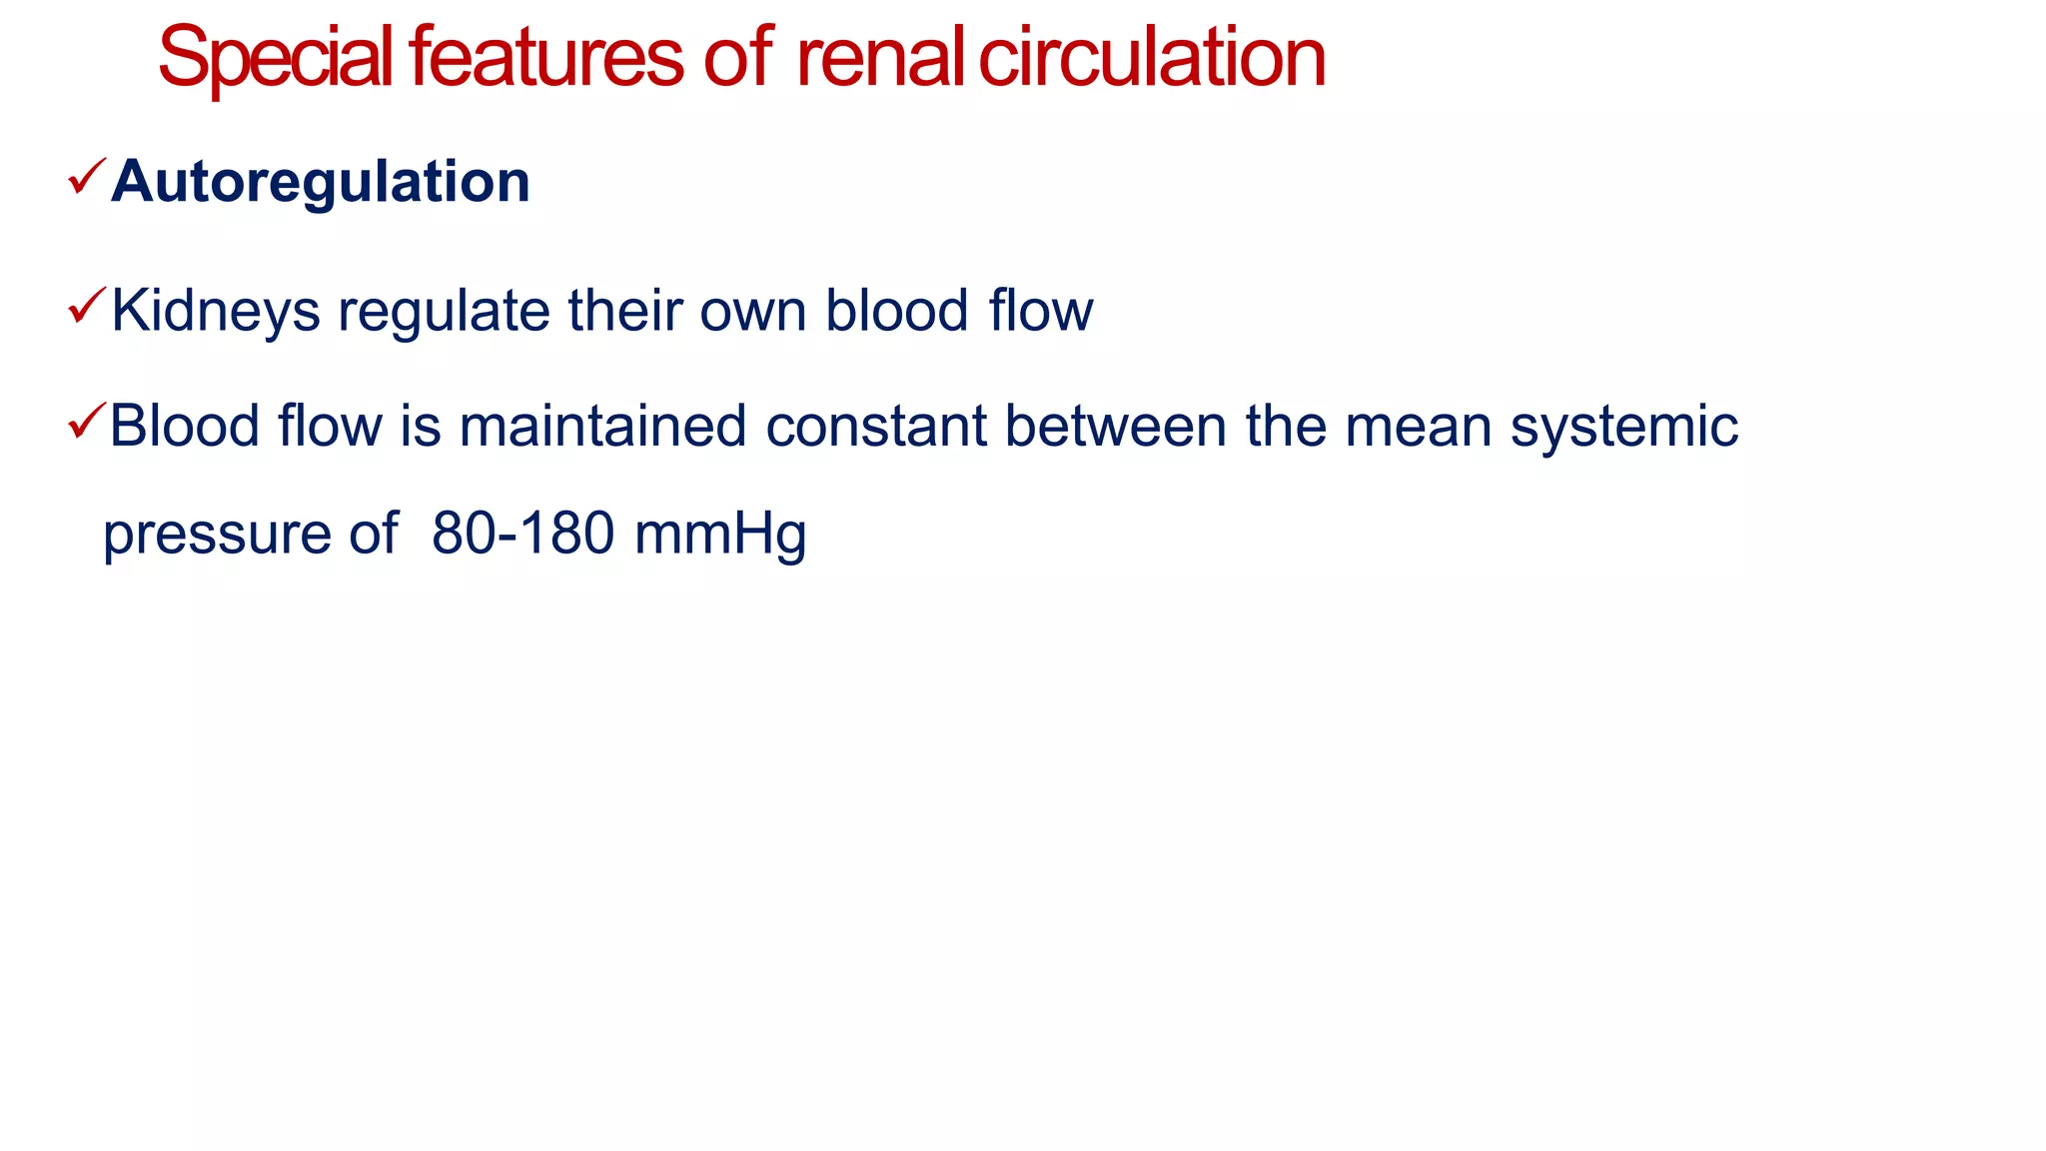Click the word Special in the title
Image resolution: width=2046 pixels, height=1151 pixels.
coord(275,60)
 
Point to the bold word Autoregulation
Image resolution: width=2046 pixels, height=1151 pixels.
coord(320,182)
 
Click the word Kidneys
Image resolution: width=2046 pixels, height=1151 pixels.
coord(215,312)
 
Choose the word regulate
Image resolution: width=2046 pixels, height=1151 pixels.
coord(444,312)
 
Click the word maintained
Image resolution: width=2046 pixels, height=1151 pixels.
coord(602,427)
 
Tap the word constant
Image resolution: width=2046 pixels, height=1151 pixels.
coord(876,427)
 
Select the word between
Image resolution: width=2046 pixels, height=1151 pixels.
coord(1115,427)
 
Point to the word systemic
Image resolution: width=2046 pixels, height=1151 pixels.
coord(1623,427)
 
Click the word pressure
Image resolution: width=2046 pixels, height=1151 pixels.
coord(216,535)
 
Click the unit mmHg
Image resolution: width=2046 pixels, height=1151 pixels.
coord(720,535)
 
